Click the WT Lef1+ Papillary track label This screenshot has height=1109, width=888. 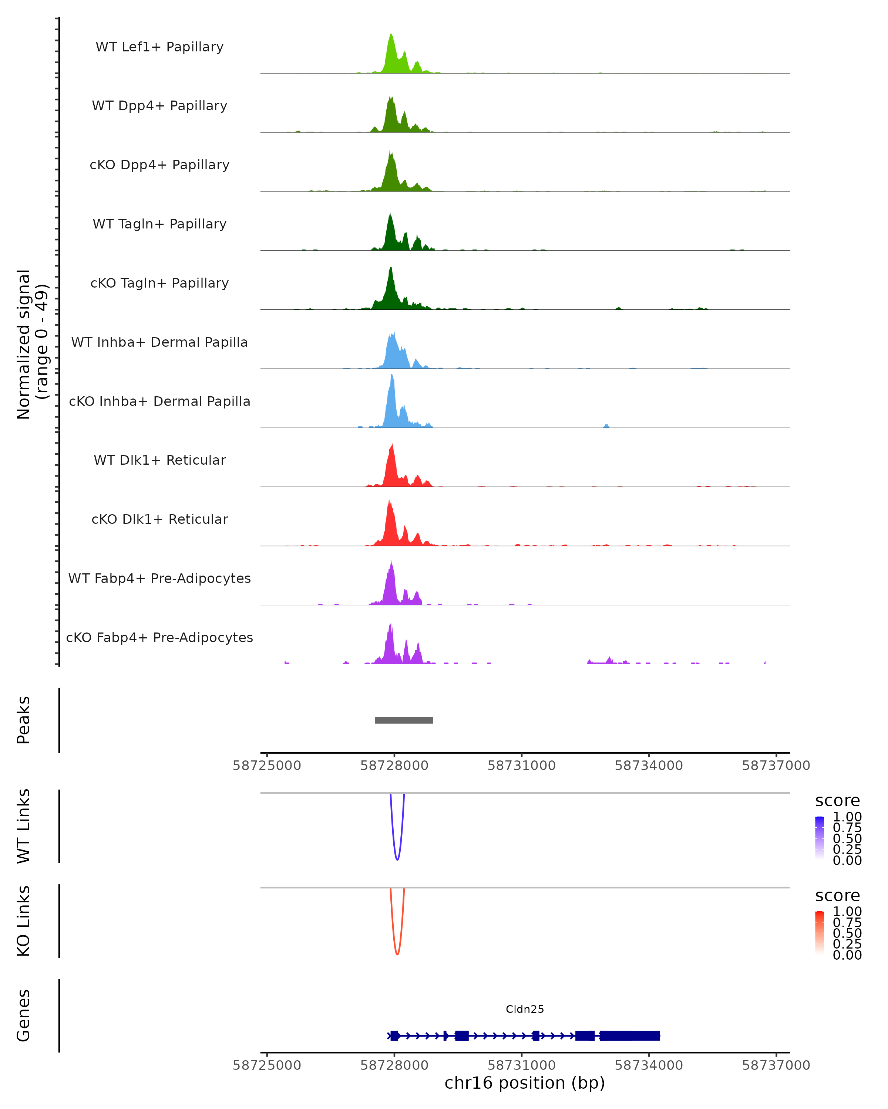pos(159,47)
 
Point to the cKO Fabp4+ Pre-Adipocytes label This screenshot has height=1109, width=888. pos(159,638)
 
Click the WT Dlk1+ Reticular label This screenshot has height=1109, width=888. pos(159,460)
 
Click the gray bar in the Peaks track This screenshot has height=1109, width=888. pos(404,720)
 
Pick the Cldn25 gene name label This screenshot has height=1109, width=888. pos(525,1009)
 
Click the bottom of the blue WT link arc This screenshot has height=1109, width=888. pos(397,859)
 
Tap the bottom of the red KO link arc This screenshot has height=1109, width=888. pos(397,954)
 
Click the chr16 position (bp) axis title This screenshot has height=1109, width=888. pos(525,1083)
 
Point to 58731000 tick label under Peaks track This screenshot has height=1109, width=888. pos(521,766)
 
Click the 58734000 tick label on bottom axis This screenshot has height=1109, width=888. pos(649,1065)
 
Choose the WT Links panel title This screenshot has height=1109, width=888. pos(24,826)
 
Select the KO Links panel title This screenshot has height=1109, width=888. pos(24,921)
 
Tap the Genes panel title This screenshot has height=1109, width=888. pos(24,1016)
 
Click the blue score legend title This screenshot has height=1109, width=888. pos(837,801)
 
